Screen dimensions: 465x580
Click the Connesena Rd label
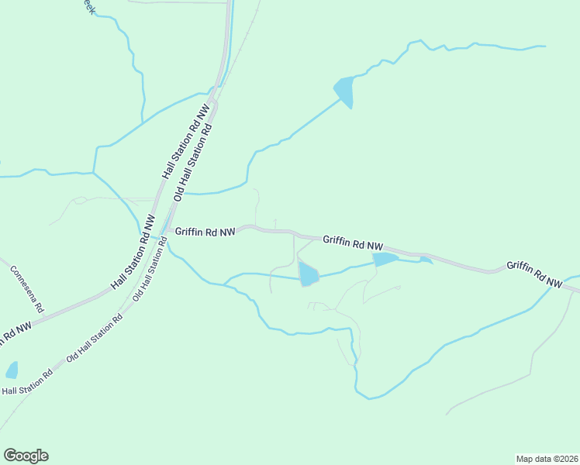(x=27, y=289)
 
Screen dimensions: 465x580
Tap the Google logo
(x=26, y=456)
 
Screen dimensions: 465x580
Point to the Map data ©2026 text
(x=547, y=458)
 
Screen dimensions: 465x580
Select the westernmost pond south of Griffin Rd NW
(x=308, y=274)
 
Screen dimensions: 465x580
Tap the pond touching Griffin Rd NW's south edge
(x=385, y=259)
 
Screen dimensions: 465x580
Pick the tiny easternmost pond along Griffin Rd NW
(x=425, y=260)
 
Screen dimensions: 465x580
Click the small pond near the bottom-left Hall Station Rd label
(x=12, y=370)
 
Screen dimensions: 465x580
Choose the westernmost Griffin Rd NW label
(x=205, y=231)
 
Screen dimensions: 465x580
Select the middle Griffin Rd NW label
(x=353, y=243)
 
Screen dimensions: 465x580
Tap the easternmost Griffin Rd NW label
(x=534, y=274)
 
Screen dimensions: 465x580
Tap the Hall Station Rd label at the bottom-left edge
(x=26, y=383)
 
